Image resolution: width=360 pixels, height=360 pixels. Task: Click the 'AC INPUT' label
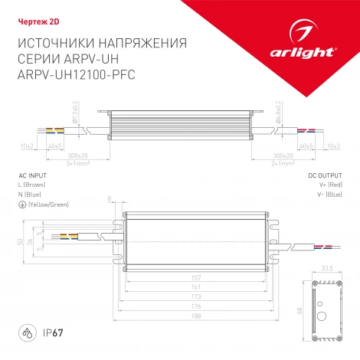click(x=31, y=175)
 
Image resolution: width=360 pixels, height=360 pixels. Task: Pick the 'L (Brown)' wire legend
click(x=32, y=185)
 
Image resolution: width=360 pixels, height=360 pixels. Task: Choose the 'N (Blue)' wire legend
click(x=29, y=195)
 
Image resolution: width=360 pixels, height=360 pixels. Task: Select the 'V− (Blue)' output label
click(x=327, y=195)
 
